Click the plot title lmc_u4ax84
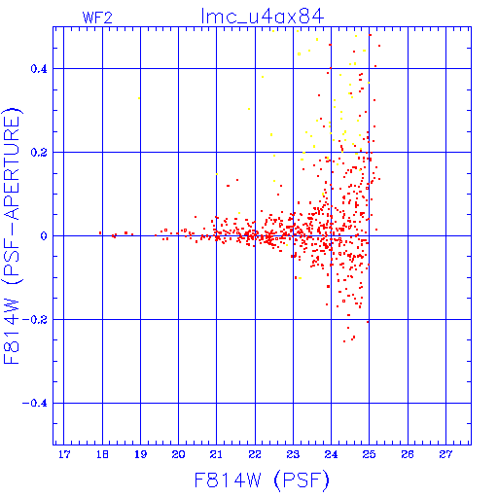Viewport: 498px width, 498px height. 263,17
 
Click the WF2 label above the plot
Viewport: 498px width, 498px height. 97,18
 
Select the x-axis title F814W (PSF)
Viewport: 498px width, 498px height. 262,480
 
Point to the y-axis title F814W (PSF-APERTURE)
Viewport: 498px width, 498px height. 12,235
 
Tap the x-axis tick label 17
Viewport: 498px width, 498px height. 64,454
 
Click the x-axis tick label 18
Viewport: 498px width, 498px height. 102,454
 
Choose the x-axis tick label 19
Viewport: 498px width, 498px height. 140,454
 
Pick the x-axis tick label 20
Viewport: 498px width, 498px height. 178,454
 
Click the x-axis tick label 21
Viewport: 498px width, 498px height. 216,454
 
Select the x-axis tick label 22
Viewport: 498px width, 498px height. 255,454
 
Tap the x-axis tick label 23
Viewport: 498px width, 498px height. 293,454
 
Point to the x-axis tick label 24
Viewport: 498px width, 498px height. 331,454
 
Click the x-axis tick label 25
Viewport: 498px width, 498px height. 369,454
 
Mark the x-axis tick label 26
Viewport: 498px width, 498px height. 408,454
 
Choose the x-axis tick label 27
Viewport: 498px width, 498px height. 445,454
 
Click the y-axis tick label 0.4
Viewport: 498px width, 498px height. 39,69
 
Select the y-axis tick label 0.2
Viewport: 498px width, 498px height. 39,153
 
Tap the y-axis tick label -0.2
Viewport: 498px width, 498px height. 35,320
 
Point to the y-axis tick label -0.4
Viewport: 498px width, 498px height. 35,404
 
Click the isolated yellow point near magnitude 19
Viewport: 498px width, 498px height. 139,98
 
